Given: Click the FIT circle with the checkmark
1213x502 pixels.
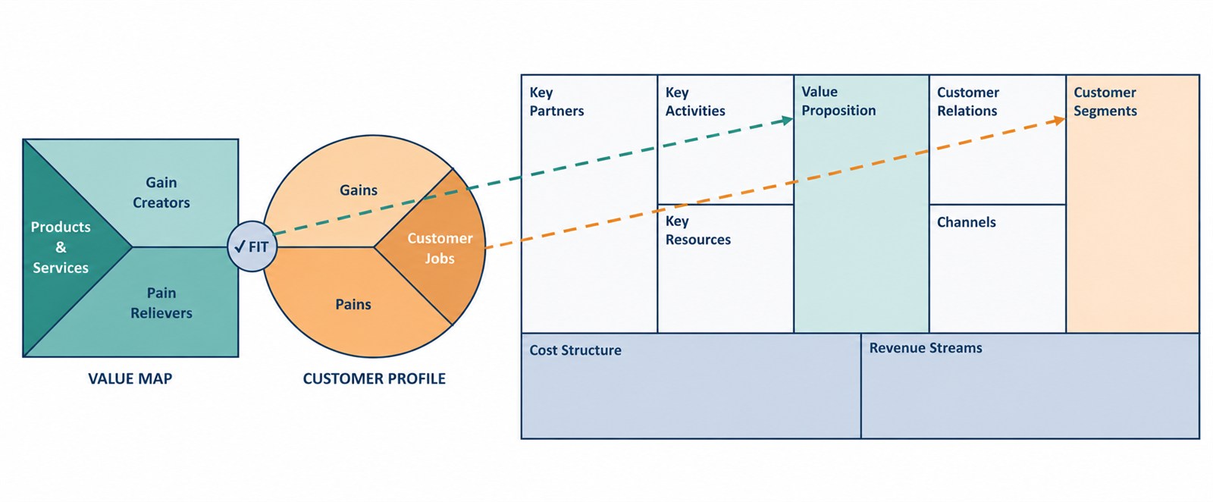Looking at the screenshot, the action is click(252, 246).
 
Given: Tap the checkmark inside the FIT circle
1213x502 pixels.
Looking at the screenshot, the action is click(240, 247).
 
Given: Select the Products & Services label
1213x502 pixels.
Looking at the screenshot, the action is click(61, 247).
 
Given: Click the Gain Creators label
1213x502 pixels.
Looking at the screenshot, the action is click(161, 193).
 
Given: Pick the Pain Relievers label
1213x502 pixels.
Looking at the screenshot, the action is click(161, 303).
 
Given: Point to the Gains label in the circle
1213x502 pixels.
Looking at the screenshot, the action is click(359, 190).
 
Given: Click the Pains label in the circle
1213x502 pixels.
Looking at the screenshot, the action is click(353, 304).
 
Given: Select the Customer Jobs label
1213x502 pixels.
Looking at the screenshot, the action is click(440, 248).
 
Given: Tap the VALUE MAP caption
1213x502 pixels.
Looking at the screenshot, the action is click(130, 378).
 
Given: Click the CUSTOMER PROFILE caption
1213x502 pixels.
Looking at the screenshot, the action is click(375, 378).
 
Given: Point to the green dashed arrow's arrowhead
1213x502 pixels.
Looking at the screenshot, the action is click(788, 121).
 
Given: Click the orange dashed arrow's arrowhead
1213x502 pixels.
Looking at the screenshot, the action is click(1060, 121).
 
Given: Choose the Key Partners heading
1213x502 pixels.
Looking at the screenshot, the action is click(556, 102).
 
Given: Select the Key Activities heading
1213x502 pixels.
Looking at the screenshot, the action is click(695, 102).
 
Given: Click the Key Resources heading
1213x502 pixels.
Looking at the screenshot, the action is click(698, 231).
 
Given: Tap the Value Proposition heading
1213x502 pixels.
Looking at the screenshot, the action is click(838, 101).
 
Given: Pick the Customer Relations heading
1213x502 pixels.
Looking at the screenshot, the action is click(968, 102).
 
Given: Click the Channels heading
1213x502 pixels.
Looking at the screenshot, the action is click(967, 222).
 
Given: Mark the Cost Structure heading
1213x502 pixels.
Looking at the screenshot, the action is click(575, 350).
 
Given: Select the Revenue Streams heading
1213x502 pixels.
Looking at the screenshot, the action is click(926, 347).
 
